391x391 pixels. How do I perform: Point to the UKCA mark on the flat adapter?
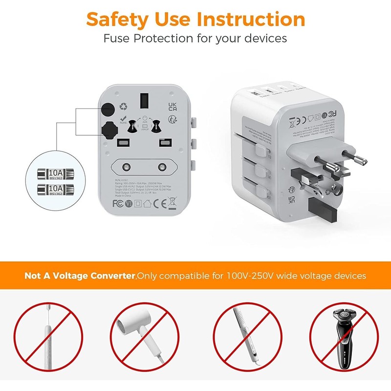coord(172,108)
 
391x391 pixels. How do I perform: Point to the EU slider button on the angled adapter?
coord(268,154)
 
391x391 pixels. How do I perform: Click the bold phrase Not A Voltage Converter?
coord(80,276)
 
